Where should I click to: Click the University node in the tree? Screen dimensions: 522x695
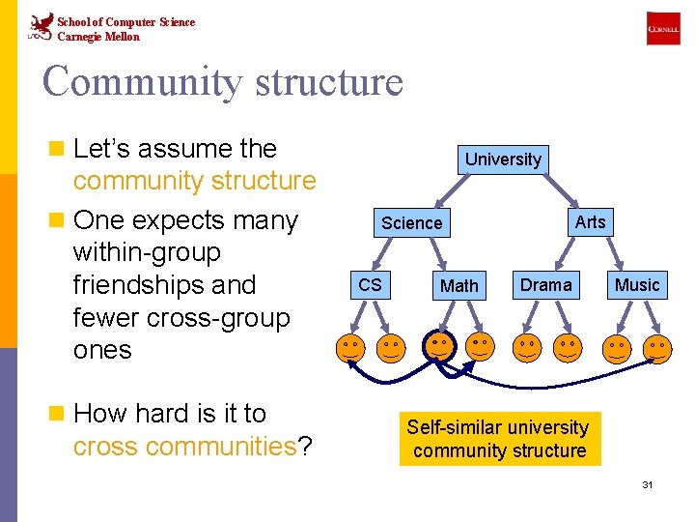503,159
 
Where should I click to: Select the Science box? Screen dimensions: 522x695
412,223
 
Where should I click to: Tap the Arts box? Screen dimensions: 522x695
590,222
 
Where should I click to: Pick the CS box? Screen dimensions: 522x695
370,285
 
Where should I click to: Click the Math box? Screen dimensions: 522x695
459,285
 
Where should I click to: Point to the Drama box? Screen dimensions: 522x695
545,285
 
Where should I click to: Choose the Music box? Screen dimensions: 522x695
637,285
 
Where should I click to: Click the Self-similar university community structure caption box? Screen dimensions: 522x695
498,440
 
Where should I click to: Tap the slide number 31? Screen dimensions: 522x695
648,483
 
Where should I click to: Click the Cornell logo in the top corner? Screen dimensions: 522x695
663,30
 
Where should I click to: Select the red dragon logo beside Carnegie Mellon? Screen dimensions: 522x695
41,27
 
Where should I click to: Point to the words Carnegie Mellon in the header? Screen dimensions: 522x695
98,37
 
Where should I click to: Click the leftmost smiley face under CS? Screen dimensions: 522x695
350,347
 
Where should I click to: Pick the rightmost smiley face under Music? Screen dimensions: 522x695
657,347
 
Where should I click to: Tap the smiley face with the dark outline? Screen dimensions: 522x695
438,346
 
